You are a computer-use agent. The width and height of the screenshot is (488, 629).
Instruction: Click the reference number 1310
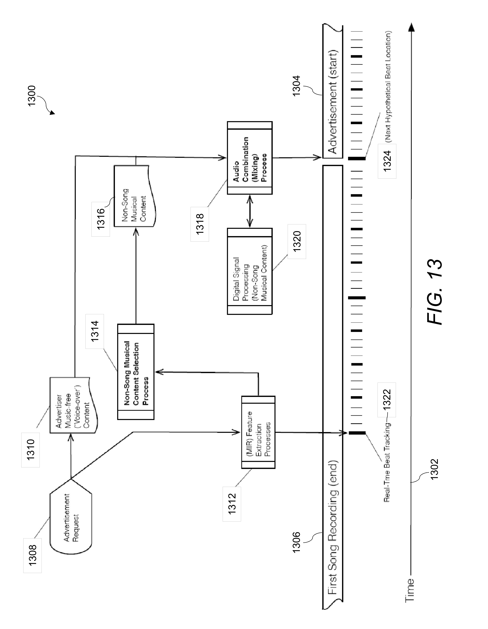tap(30, 450)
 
